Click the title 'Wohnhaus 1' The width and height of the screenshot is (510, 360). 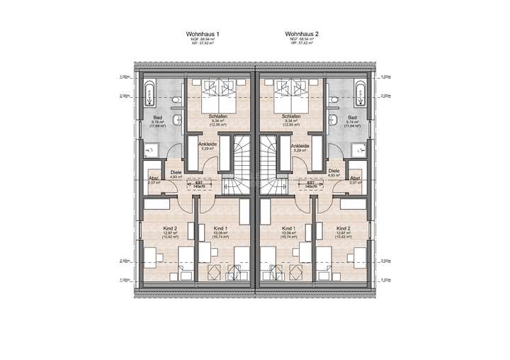click(x=203, y=33)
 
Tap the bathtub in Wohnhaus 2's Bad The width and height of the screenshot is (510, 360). click(x=360, y=93)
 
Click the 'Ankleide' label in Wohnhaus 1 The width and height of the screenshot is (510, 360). click(x=207, y=145)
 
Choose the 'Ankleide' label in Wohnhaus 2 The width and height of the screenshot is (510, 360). click(x=300, y=145)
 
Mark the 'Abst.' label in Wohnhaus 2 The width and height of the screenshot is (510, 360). click(x=356, y=179)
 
